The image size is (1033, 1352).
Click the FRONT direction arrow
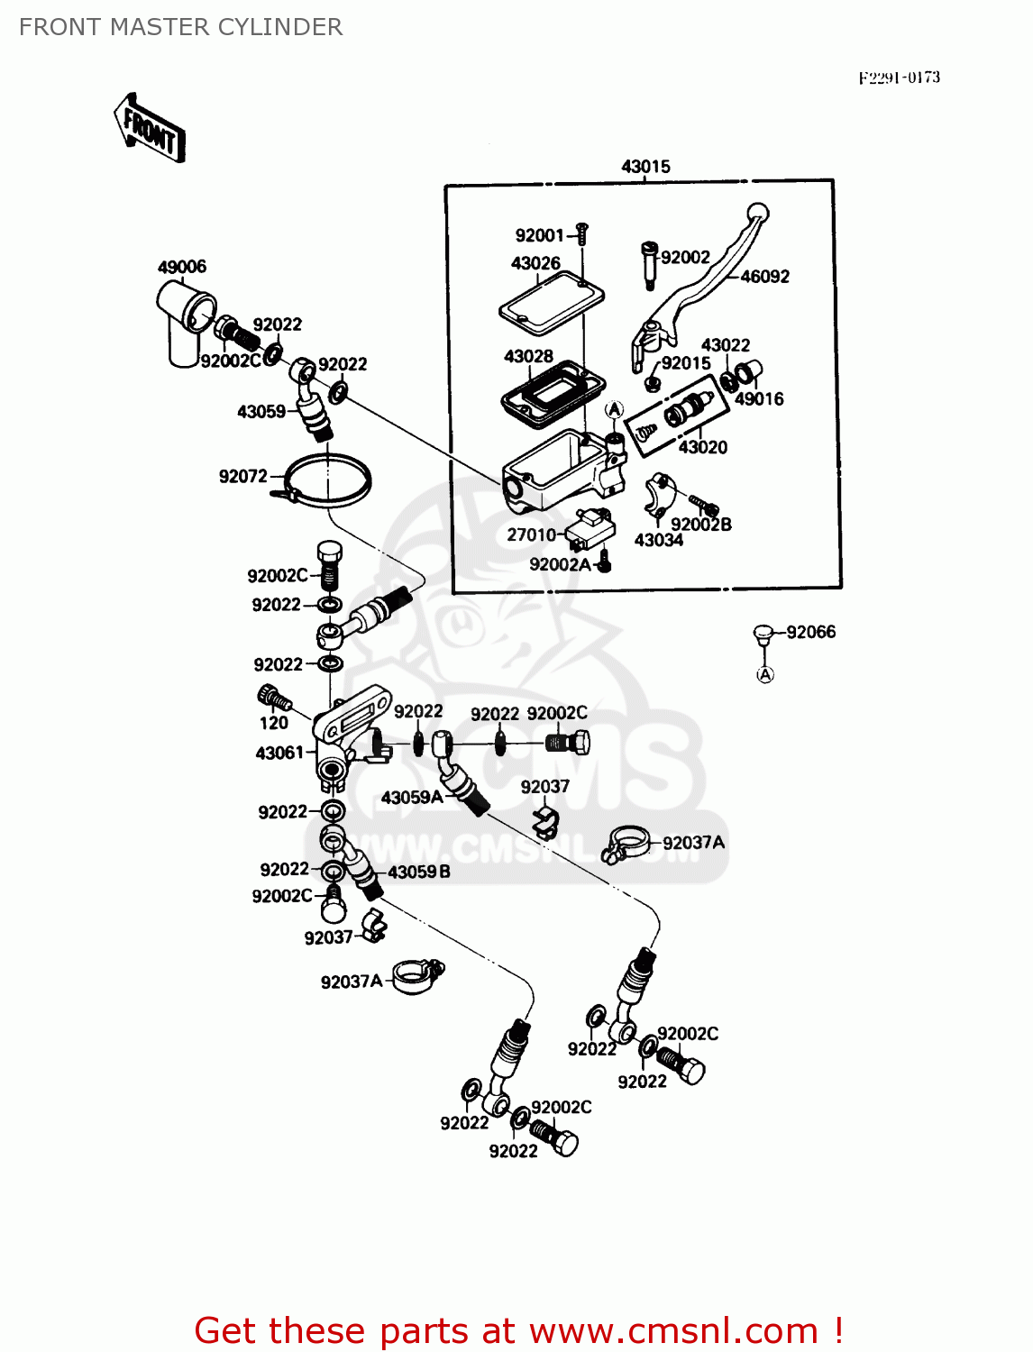coord(150,129)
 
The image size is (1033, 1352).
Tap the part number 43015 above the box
coord(645,167)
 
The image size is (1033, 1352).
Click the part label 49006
coord(182,267)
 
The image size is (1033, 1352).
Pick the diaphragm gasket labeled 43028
coord(552,388)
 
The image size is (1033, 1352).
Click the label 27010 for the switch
coord(531,534)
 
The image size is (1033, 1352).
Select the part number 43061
coord(279,753)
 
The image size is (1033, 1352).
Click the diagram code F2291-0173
coord(899,78)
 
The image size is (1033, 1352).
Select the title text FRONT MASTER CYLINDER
coord(180,27)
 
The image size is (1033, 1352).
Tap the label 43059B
coord(419,872)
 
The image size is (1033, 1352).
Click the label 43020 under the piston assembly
coord(702,447)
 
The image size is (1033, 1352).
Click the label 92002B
coord(700,525)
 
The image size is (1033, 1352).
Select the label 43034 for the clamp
coord(658,540)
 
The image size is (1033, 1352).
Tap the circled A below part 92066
coord(765,674)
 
